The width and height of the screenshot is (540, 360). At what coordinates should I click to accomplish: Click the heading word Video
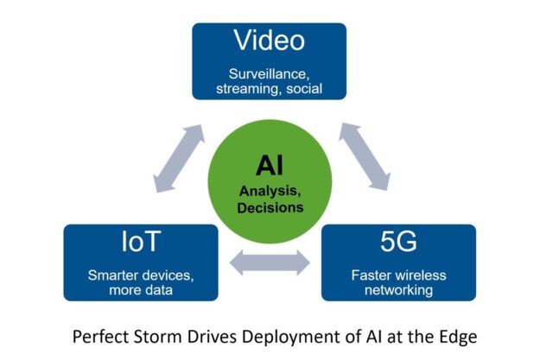tap(270, 41)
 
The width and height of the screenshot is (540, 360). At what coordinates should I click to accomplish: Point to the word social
tap(304, 88)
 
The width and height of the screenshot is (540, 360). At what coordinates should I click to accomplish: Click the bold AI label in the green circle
tap(270, 166)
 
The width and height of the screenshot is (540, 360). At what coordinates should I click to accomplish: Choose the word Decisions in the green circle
tap(270, 207)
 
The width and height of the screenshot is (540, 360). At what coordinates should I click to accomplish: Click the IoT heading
tap(141, 242)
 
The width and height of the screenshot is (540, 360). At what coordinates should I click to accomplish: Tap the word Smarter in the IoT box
tap(112, 275)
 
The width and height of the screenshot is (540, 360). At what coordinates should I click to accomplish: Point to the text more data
tap(141, 290)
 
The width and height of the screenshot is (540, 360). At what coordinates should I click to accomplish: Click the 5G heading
tap(398, 242)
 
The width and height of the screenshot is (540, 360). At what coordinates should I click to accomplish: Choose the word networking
tap(398, 290)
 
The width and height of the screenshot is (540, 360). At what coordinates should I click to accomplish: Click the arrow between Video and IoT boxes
tap(179, 158)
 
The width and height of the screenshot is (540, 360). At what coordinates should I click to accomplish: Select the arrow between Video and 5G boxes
tap(365, 156)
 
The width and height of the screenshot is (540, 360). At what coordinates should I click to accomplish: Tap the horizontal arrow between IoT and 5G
tap(270, 262)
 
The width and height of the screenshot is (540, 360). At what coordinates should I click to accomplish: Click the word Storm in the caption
tap(157, 336)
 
